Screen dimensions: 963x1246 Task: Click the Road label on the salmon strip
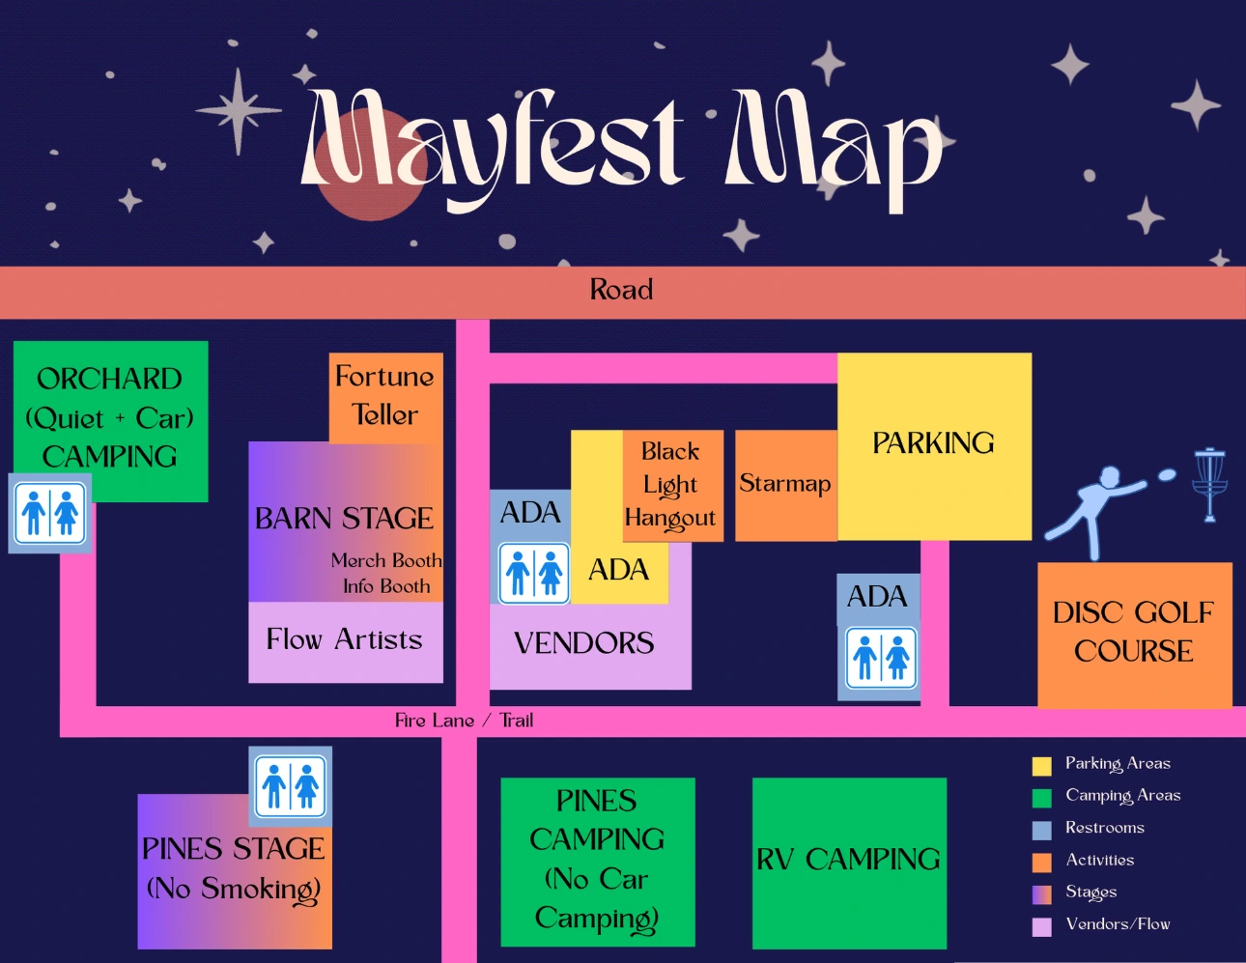pyautogui.click(x=621, y=290)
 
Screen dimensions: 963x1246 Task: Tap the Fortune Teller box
pyautogui.click(x=385, y=396)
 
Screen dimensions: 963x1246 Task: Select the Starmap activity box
pyautogui.click(x=785, y=484)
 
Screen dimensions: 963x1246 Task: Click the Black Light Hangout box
pyautogui.click(x=670, y=485)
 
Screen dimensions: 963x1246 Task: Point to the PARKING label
pyautogui.click(x=933, y=443)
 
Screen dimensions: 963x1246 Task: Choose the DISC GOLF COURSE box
pyautogui.click(x=1134, y=633)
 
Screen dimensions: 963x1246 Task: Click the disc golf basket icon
pyautogui.click(x=1208, y=482)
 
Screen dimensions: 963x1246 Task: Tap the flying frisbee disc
pyautogui.click(x=1166, y=474)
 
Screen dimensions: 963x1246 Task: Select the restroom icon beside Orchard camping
pyautogui.click(x=50, y=513)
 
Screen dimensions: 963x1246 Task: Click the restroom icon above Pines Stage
pyautogui.click(x=290, y=785)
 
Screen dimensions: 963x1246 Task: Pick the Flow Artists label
pyautogui.click(x=345, y=639)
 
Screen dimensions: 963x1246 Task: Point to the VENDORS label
pyautogui.click(x=584, y=643)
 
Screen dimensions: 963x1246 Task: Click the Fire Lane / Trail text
pyautogui.click(x=464, y=721)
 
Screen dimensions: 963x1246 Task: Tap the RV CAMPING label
pyautogui.click(x=848, y=860)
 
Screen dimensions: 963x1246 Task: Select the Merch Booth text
pyautogui.click(x=386, y=560)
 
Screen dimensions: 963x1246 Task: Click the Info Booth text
pyautogui.click(x=386, y=586)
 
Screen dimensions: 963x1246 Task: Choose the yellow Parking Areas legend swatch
pyautogui.click(x=1041, y=766)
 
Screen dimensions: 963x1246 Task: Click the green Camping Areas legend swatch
pyautogui.click(x=1041, y=798)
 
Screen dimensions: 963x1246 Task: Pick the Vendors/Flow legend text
pyautogui.click(x=1118, y=924)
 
